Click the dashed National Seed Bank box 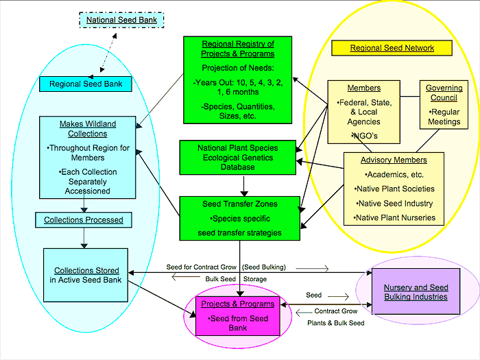(121, 20)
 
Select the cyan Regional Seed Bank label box (84, 84)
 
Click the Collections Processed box (84, 220)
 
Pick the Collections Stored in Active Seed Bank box (86, 275)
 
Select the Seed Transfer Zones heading (239, 204)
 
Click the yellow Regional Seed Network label (392, 48)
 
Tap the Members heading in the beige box (363, 88)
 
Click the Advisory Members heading (394, 160)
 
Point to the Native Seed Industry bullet (394, 203)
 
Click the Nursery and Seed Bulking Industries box (416, 292)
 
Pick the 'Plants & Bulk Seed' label (334, 322)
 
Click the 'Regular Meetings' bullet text (444, 117)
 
